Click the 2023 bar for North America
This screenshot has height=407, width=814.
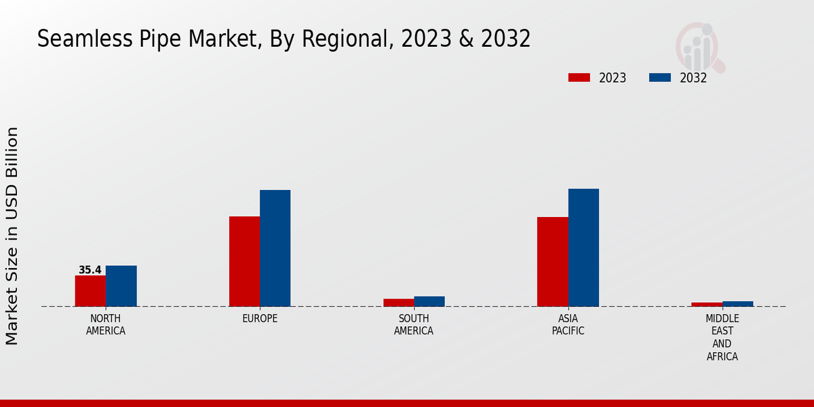(x=90, y=291)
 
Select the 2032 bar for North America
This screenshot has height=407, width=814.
(x=121, y=286)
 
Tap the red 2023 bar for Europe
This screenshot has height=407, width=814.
(x=244, y=261)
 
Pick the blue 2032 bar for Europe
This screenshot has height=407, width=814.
(x=275, y=248)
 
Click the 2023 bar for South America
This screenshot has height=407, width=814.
(x=398, y=303)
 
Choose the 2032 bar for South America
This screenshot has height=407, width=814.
(x=429, y=301)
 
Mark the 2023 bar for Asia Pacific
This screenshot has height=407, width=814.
(x=552, y=262)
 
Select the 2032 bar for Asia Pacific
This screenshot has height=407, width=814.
(x=583, y=248)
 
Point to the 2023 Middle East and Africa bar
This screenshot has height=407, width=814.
(x=707, y=305)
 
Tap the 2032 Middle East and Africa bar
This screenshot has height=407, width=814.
(x=738, y=304)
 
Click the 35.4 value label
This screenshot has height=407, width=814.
(x=90, y=270)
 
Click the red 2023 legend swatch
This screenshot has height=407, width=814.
(x=579, y=77)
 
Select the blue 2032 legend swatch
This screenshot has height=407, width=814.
(x=660, y=77)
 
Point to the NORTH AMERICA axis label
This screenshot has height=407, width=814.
(x=106, y=325)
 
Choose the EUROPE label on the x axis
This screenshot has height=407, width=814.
(x=260, y=319)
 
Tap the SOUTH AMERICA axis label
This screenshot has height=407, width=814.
(x=414, y=325)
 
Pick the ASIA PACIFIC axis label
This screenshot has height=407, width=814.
(x=568, y=325)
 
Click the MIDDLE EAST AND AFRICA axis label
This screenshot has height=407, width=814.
(x=722, y=337)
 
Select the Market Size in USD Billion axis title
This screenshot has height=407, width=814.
(x=12, y=235)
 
